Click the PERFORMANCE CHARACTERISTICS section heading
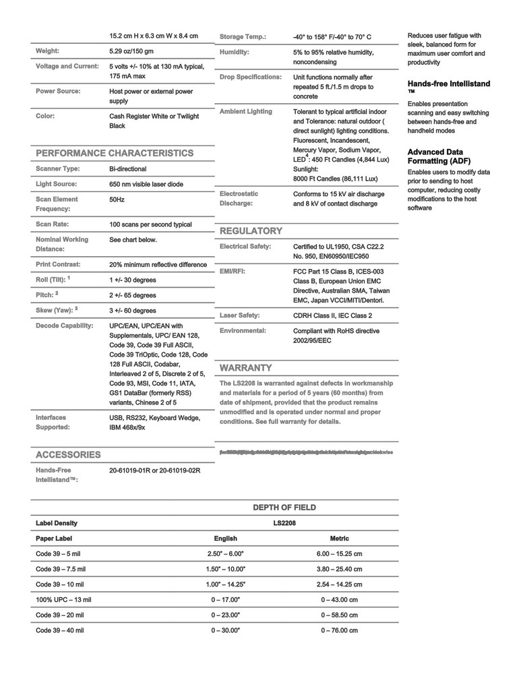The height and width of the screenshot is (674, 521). pos(115,153)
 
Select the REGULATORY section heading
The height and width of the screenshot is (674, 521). pos(251,231)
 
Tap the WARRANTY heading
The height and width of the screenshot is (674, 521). pos(246,367)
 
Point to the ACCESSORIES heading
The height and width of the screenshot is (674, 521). pos(68,454)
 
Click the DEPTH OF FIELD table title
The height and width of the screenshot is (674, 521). pos(284,508)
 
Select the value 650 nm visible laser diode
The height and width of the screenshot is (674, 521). pos(146,184)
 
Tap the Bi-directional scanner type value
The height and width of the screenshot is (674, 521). pos(128,168)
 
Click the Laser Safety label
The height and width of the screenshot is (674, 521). pos(239,315)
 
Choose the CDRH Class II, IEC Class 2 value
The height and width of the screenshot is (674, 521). pos(332,315)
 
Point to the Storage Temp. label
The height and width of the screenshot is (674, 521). pos(243,36)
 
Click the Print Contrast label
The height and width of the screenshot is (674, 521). pos(58,264)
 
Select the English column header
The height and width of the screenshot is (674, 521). pos(225,539)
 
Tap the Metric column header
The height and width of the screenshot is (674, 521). pos(339,539)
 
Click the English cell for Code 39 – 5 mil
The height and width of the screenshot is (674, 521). pos(225,553)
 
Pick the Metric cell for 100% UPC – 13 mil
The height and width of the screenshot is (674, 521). pos(339,599)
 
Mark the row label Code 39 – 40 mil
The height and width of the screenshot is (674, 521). pos(60,630)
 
